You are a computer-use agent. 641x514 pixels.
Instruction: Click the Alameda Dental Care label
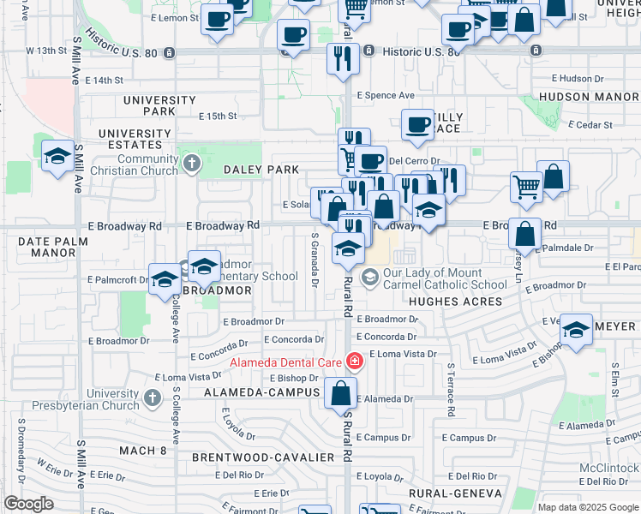tap(285, 362)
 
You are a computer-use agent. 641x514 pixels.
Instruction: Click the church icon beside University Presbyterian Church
tap(153, 398)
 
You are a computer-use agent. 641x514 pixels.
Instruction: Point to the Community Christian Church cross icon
tap(190, 163)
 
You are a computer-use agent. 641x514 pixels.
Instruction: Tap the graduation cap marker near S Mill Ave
tap(57, 156)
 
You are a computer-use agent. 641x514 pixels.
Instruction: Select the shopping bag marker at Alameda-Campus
tap(341, 394)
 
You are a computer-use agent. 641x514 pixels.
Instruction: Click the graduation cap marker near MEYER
tap(577, 329)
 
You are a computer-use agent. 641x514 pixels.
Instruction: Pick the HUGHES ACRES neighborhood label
tap(455, 302)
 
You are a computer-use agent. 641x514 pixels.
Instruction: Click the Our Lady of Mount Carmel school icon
tap(369, 276)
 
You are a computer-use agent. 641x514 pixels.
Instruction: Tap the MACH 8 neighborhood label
tap(143, 451)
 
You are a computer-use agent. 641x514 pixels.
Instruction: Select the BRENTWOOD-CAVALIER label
tap(262, 457)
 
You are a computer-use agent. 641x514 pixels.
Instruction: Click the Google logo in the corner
tap(28, 504)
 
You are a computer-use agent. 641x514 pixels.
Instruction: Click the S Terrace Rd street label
tap(449, 390)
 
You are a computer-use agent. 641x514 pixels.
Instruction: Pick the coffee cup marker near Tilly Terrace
tap(417, 125)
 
